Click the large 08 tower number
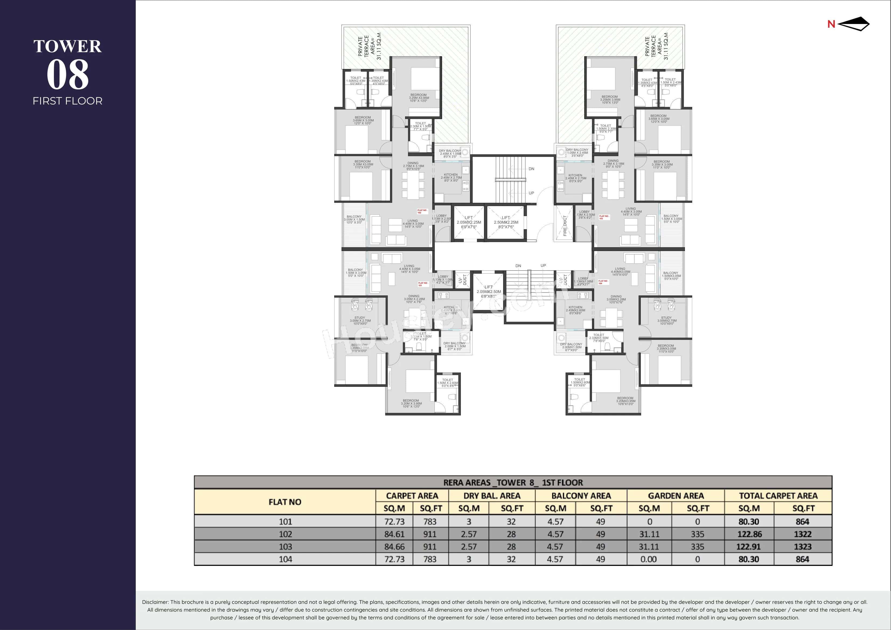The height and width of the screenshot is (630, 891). (x=68, y=75)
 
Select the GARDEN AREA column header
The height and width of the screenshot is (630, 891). (x=675, y=496)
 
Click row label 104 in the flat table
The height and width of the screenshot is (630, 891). (x=285, y=559)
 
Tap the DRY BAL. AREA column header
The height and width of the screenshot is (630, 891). (x=491, y=496)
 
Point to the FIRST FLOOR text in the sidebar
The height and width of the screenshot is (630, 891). (x=68, y=101)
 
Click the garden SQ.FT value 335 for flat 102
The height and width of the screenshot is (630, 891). (x=697, y=534)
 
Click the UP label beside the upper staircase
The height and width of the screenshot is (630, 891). (x=531, y=193)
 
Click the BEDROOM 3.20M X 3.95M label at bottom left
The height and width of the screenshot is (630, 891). (x=411, y=403)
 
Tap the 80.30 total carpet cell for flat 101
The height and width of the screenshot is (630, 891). (x=748, y=522)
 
